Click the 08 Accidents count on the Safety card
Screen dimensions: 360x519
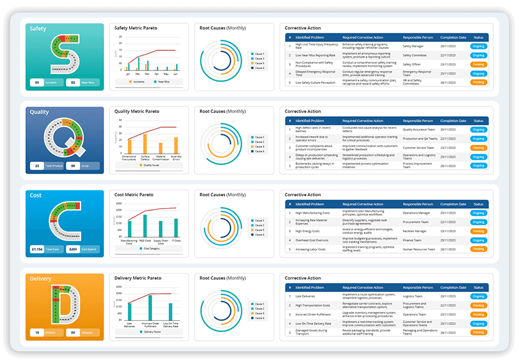click(37, 83)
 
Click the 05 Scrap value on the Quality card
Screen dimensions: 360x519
click(73, 166)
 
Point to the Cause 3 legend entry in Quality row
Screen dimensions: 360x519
click(258, 146)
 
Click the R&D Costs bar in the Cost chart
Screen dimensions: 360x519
click(145, 226)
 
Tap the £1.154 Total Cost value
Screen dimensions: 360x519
click(37, 249)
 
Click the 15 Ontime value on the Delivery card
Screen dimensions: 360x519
click(37, 333)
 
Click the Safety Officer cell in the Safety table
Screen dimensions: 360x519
click(411, 64)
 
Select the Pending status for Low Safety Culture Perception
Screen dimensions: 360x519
click(478, 83)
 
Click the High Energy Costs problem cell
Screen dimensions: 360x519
click(307, 231)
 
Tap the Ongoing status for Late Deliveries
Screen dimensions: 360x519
click(478, 296)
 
